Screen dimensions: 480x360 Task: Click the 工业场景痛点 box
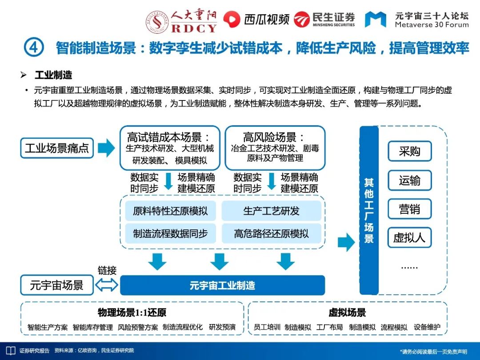[x=57, y=148]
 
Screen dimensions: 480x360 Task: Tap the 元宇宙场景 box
[x=57, y=285]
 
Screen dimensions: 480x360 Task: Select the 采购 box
[x=409, y=152]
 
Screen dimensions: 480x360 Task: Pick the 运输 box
[x=409, y=180]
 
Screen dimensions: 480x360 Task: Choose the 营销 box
[x=409, y=209]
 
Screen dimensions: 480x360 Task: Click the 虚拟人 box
[x=409, y=238]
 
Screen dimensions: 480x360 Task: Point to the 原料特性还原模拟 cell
[x=170, y=211]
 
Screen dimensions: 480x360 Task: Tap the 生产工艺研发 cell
[x=272, y=211]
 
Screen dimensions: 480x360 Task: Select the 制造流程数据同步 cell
[x=170, y=233]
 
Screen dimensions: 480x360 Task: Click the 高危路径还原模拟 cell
[x=272, y=233]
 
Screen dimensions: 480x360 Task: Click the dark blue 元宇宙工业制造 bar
[x=222, y=285]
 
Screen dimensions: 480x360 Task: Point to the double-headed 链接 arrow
[x=107, y=285]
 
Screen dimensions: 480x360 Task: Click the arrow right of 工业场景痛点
[x=106, y=148]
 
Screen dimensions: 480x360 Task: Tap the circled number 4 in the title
[x=34, y=48]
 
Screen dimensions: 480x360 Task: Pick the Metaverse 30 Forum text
[x=432, y=25]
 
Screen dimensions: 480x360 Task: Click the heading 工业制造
[x=53, y=75]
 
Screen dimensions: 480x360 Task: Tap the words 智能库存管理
[x=93, y=327]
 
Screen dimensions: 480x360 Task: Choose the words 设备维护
[x=427, y=327]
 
